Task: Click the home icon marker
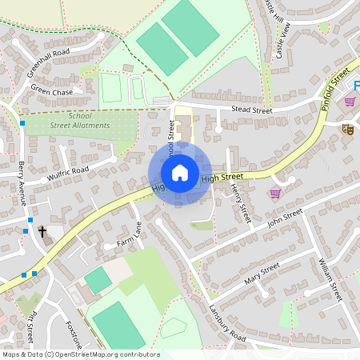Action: [180, 172]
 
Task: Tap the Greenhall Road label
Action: [49, 62]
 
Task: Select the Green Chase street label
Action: [51, 92]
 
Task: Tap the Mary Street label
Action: [262, 274]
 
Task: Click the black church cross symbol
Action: [42, 231]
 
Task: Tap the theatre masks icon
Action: [348, 128]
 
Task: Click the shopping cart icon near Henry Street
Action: [275, 194]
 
